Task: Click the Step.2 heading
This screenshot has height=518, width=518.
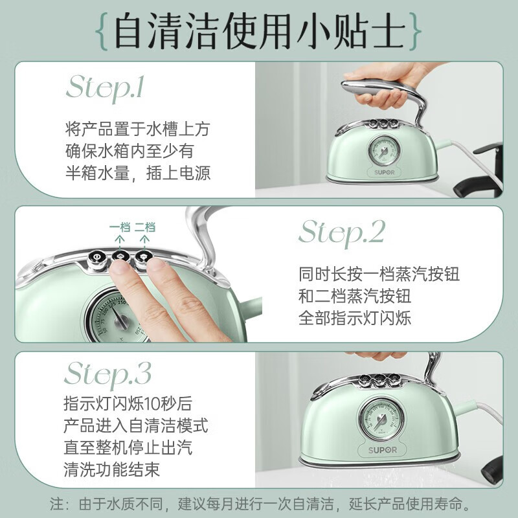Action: click(x=342, y=232)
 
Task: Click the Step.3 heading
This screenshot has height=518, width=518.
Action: click(x=107, y=374)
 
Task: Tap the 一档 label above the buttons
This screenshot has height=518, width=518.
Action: click(x=120, y=227)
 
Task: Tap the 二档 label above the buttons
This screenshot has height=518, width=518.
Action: click(x=144, y=227)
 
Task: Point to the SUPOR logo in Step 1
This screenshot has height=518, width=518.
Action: click(x=384, y=172)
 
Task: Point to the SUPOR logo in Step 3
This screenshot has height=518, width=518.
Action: click(x=383, y=450)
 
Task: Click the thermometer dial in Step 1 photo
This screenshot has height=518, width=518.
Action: click(x=384, y=151)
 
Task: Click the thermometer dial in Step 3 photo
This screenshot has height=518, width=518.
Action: click(x=381, y=420)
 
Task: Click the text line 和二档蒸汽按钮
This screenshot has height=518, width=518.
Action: click(x=354, y=296)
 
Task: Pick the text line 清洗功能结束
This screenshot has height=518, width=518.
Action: click(x=111, y=469)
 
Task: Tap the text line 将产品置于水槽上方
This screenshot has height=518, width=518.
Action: click(x=138, y=129)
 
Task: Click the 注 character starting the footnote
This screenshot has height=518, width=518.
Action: click(x=57, y=504)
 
